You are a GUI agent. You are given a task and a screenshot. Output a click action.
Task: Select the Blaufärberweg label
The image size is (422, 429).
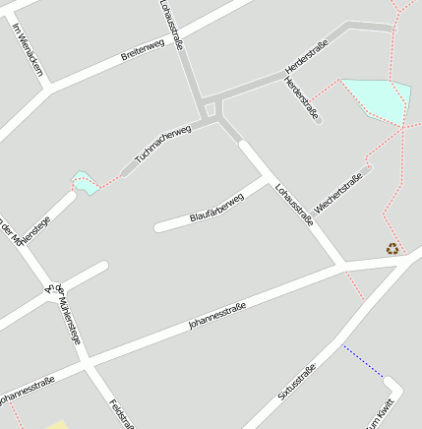tap(215, 204)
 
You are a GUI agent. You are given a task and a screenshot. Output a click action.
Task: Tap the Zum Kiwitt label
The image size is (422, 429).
tap(381, 414)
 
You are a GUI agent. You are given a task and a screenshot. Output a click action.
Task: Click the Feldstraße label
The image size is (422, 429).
tap(122, 414)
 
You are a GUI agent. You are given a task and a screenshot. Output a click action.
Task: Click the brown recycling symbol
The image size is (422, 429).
tap(392, 249)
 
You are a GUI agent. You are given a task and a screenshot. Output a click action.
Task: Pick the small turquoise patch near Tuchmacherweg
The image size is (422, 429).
tap(86, 183)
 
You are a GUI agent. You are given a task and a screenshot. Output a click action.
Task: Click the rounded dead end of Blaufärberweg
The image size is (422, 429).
tap(158, 228)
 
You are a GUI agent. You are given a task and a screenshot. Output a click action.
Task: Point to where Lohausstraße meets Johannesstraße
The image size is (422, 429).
tap(345, 265)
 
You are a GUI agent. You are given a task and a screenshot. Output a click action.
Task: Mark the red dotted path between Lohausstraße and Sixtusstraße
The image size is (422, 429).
tap(355, 285)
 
